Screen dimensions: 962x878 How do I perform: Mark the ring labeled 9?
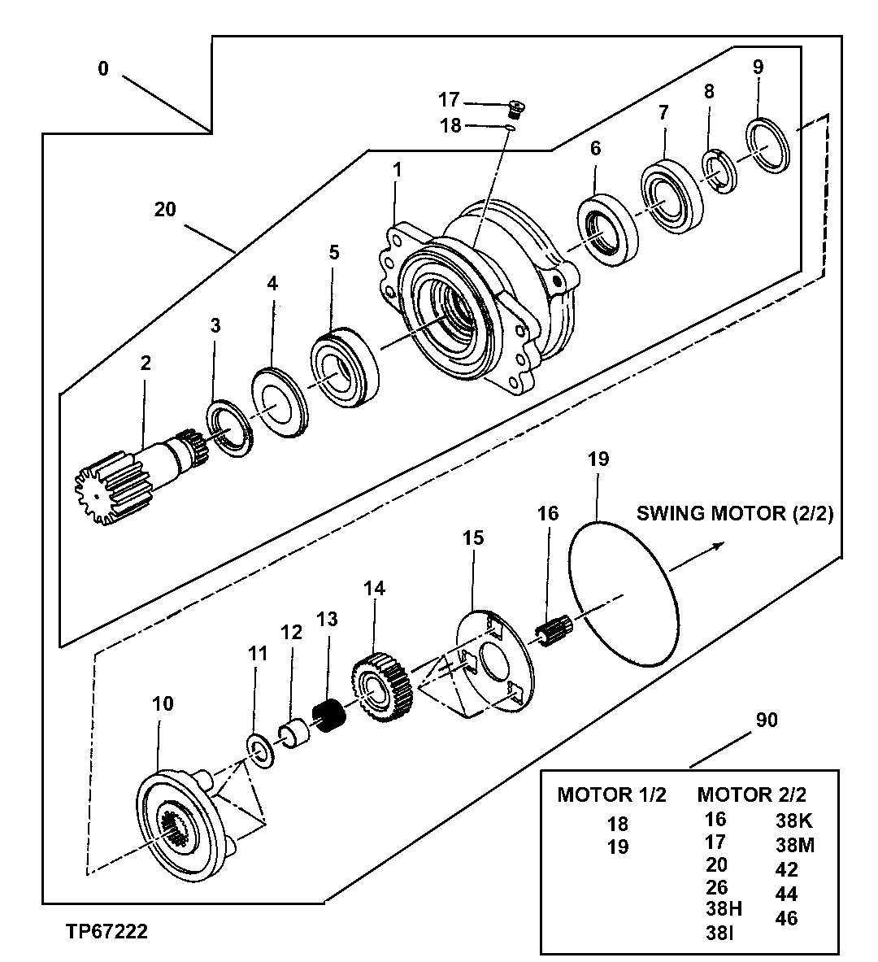pos(768,146)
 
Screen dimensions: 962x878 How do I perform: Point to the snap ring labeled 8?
pos(719,172)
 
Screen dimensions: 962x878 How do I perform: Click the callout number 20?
pos(165,209)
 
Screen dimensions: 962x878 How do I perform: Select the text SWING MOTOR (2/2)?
pos(734,514)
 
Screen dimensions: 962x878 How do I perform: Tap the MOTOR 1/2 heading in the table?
pos(611,794)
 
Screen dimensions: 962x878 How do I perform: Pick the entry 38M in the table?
pos(794,845)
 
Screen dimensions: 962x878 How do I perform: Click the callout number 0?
pos(102,69)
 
